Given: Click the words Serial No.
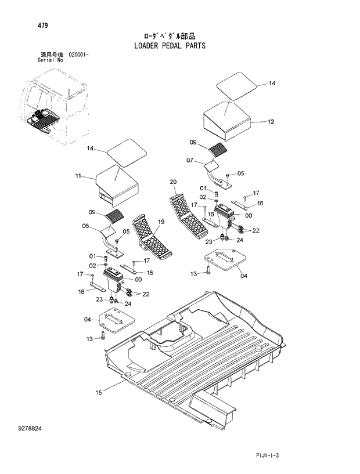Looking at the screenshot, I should click(51, 59).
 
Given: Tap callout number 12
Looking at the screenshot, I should click(271, 122).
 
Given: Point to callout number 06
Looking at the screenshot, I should click(85, 226).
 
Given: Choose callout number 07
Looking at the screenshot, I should click(190, 160).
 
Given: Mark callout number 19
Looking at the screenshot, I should click(161, 222).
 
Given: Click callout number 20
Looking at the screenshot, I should click(173, 182).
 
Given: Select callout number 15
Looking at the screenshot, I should click(99, 393).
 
